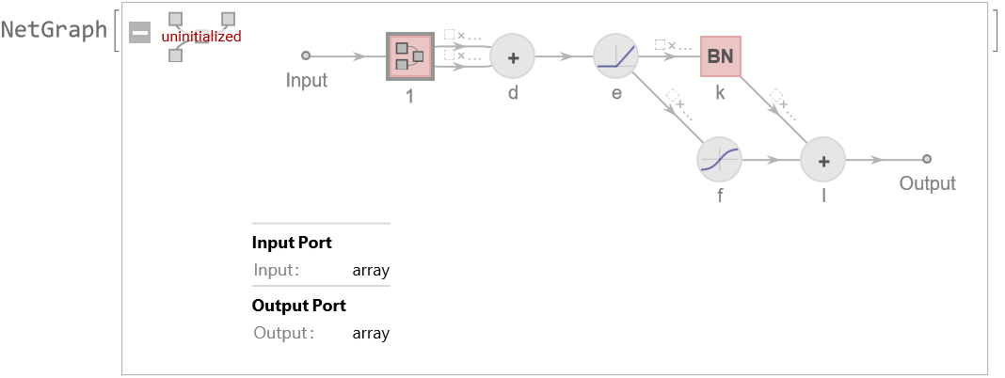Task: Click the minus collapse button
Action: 139,33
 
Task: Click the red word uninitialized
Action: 201,37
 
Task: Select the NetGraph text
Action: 54,29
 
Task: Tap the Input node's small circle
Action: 305,56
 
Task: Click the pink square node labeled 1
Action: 409,56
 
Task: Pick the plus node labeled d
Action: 513,57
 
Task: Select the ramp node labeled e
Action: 616,57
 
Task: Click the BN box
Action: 720,56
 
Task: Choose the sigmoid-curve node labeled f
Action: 720,161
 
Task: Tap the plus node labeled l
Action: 823,161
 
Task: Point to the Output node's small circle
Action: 927,160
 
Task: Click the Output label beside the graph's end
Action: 927,183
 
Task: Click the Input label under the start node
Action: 307,80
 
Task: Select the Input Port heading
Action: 292,243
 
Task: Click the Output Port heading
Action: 298,306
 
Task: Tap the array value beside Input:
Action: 371,271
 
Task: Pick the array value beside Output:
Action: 371,333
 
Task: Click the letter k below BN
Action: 720,92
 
